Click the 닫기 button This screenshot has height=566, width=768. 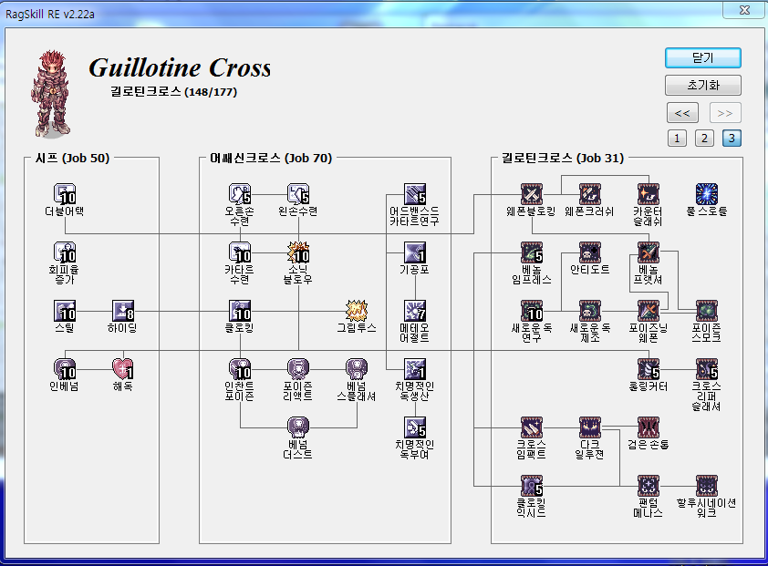[x=702, y=57]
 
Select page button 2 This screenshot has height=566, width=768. [x=703, y=139]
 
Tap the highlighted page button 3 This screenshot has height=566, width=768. [x=732, y=139]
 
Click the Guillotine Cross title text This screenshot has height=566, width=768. [x=180, y=68]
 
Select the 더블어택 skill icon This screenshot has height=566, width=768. [x=64, y=193]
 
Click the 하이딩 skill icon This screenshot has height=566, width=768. [x=123, y=311]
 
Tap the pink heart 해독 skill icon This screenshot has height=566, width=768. [x=123, y=368]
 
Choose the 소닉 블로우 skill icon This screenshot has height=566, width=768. [x=299, y=252]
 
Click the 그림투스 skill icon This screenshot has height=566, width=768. [x=357, y=311]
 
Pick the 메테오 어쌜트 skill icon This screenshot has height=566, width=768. [x=415, y=311]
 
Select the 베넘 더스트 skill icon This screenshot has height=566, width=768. [x=299, y=427]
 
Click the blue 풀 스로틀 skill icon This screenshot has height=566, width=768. [x=707, y=193]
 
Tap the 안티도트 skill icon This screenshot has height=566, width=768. [x=590, y=252]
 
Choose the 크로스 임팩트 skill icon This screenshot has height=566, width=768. [x=532, y=427]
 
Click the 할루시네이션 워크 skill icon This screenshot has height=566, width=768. [x=707, y=485]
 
